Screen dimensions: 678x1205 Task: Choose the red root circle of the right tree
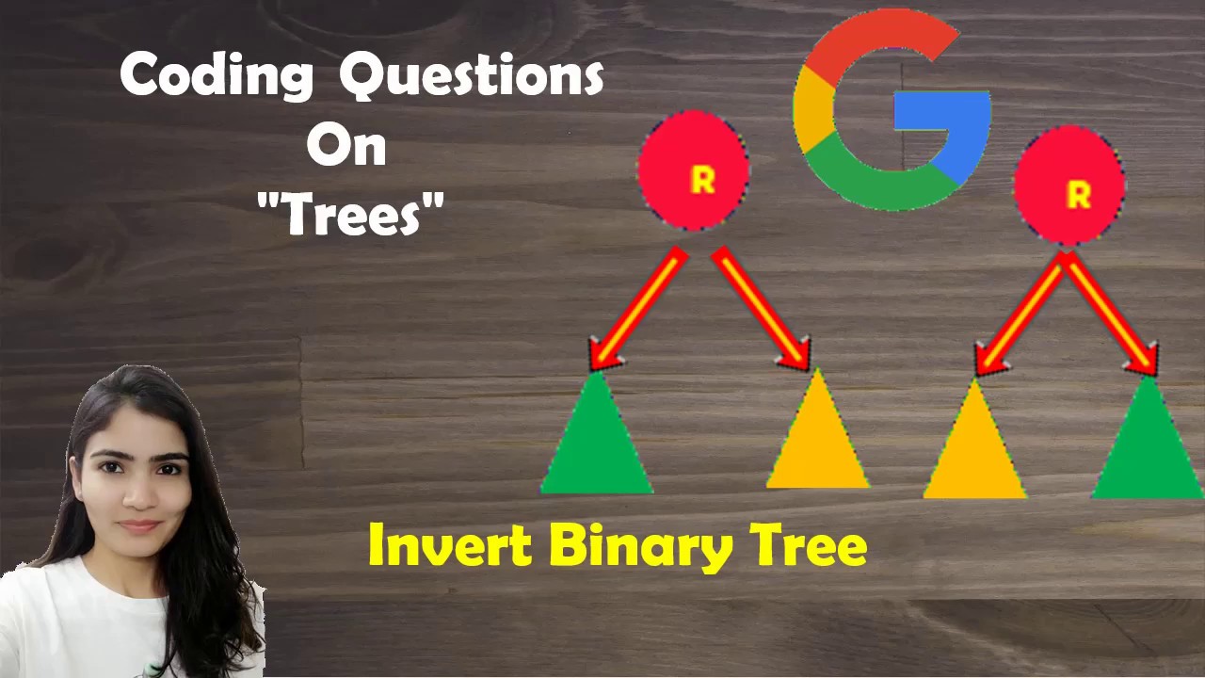point(1069,186)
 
